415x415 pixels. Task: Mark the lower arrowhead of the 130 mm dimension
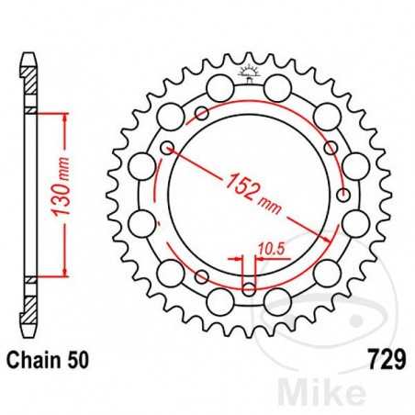pyautogui.click(x=65, y=272)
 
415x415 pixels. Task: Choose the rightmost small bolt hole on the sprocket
pyautogui.click(x=343, y=195)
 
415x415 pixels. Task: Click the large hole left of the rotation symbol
pyautogui.click(x=219, y=87)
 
